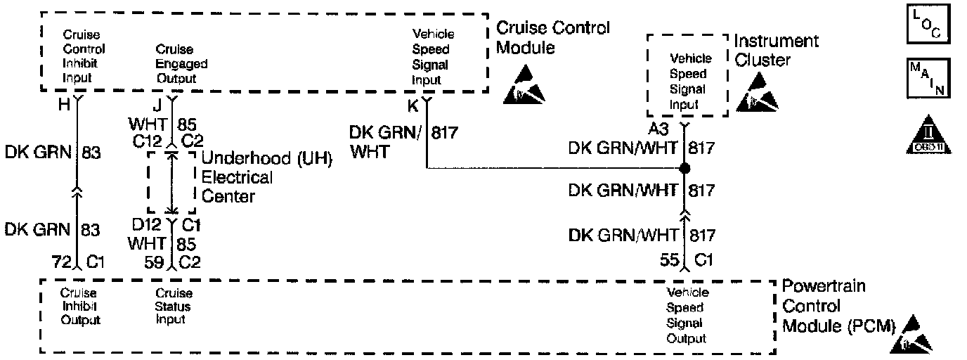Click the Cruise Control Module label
[x=553, y=38]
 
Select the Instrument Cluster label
[x=777, y=51]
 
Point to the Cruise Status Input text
[x=173, y=307]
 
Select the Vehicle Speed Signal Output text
[x=687, y=315]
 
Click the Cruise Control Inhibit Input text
[x=84, y=57]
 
